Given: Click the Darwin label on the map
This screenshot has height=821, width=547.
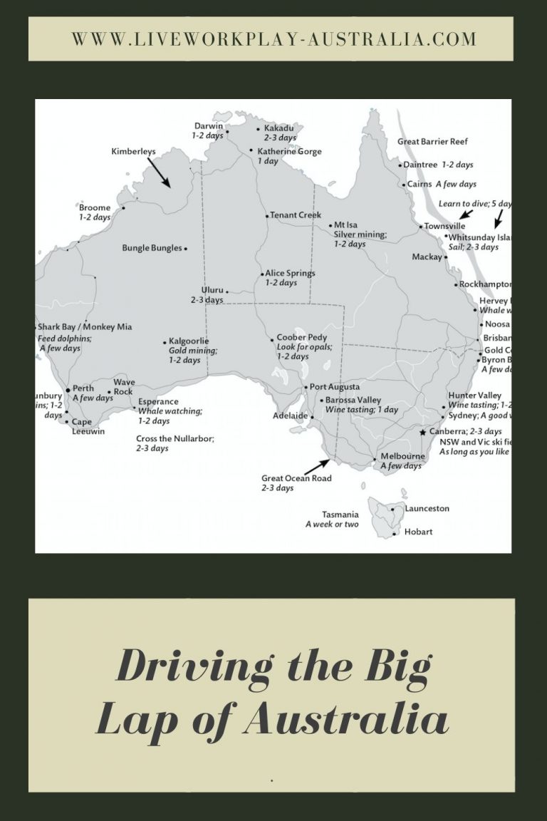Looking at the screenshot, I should coord(209,126).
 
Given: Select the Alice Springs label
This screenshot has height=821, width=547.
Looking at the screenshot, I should coord(290,273).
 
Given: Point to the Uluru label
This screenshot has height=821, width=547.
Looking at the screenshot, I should coord(212,291).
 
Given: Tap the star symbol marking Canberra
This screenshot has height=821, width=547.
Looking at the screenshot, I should coord(423,432).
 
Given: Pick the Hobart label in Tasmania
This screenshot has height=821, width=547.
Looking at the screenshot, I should coord(419,532).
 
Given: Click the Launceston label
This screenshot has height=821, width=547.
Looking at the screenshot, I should coord(427,509).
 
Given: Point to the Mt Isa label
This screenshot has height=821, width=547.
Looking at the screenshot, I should coord(345,224).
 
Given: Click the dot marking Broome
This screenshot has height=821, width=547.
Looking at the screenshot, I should coord(123,208).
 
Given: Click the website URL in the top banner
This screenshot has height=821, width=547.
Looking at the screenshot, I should coord(273,38).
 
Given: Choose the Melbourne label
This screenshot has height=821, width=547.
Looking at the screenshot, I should coord(402,456).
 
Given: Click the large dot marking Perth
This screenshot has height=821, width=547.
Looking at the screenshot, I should coord(68,390).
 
